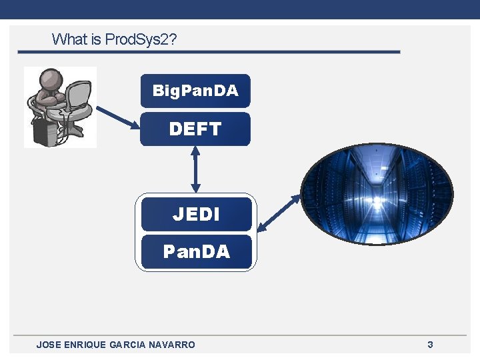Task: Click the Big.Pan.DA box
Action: (x=195, y=91)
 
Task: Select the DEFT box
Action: (x=195, y=129)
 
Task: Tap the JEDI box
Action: (x=195, y=214)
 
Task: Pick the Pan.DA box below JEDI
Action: (x=196, y=252)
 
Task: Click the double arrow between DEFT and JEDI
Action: (x=195, y=169)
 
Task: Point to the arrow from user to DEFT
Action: (x=117, y=117)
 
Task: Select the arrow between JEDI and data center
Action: (x=279, y=213)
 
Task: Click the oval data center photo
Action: (x=377, y=193)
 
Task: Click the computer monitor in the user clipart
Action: (x=79, y=97)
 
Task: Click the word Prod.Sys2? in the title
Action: (x=141, y=39)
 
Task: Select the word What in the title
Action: (x=69, y=39)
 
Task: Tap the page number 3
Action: (x=430, y=345)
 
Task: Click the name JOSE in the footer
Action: (x=48, y=345)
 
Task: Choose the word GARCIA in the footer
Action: (x=127, y=345)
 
